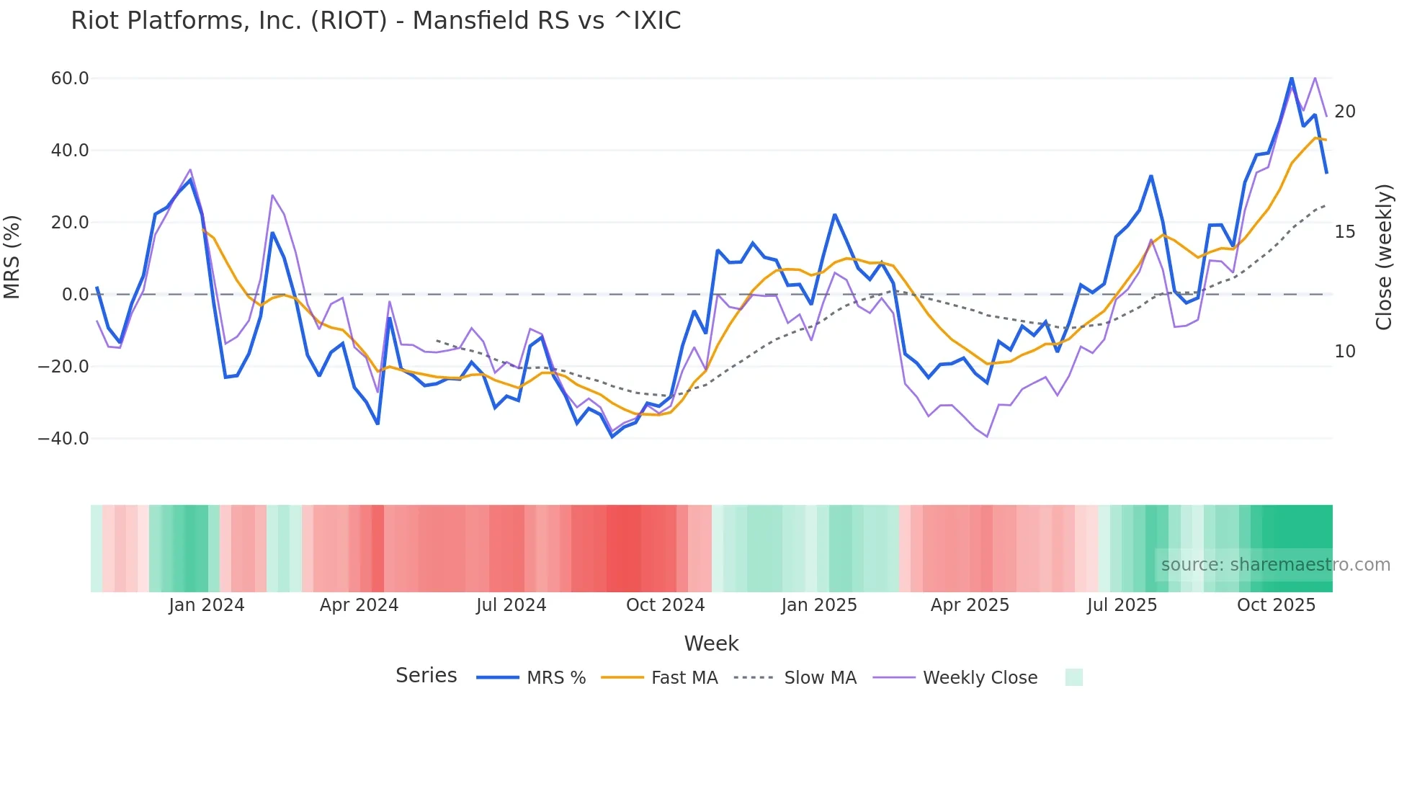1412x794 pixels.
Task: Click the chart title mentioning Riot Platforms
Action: pyautogui.click(x=375, y=21)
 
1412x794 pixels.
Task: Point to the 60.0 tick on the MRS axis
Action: pyautogui.click(x=70, y=78)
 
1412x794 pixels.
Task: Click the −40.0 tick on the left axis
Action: pyautogui.click(x=63, y=438)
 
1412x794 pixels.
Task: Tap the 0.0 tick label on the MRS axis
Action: pyautogui.click(x=75, y=294)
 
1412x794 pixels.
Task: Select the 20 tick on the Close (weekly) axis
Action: pyautogui.click(x=1344, y=112)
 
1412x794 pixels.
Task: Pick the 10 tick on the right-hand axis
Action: pyautogui.click(x=1344, y=352)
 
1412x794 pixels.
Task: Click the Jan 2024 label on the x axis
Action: pyautogui.click(x=206, y=605)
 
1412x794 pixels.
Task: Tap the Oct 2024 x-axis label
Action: pyautogui.click(x=665, y=605)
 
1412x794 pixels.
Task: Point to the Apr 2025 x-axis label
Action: pyautogui.click(x=970, y=605)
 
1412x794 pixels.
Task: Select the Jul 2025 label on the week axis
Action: pyautogui.click(x=1122, y=605)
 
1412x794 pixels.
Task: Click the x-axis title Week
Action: pyautogui.click(x=711, y=643)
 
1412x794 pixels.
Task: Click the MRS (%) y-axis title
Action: pyautogui.click(x=12, y=257)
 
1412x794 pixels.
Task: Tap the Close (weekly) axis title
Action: pyautogui.click(x=1383, y=257)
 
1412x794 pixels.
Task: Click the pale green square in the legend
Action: pyautogui.click(x=1073, y=677)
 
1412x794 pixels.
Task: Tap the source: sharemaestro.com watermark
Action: pyautogui.click(x=1275, y=565)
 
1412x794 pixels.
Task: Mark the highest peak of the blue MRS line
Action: pyautogui.click(x=1291, y=78)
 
